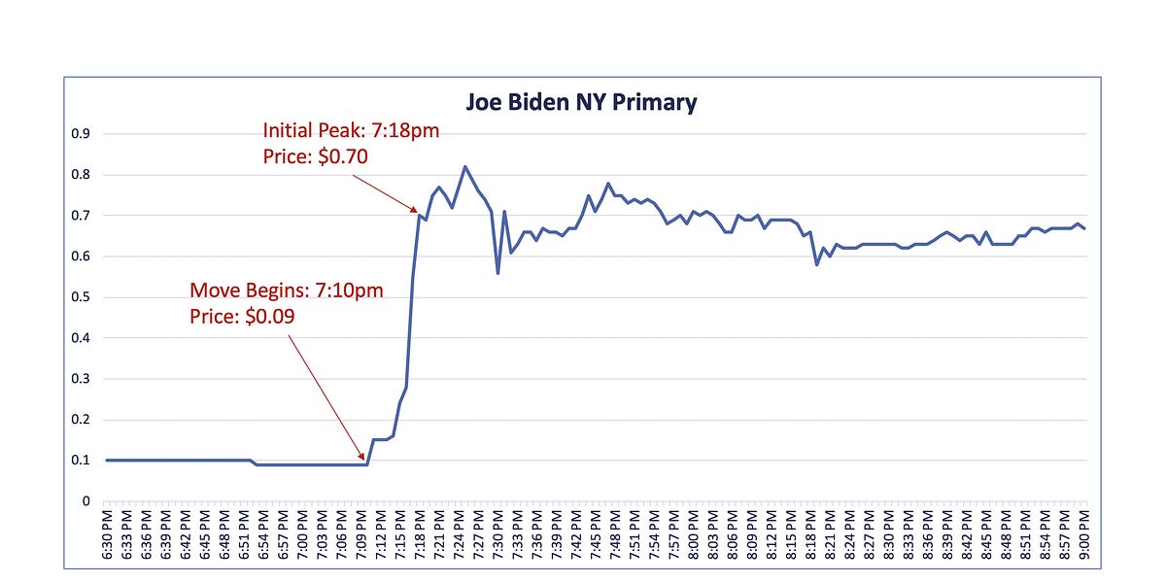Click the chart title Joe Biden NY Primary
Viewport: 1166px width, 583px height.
[x=582, y=102]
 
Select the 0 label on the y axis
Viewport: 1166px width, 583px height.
[x=86, y=501]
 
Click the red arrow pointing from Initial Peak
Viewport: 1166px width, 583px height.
[x=384, y=192]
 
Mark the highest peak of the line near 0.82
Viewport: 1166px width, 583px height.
[x=465, y=167]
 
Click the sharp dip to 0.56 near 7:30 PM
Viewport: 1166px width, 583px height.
[x=497, y=273]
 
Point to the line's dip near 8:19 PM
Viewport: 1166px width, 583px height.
[x=816, y=264]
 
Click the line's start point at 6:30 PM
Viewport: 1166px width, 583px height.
[x=107, y=461]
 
